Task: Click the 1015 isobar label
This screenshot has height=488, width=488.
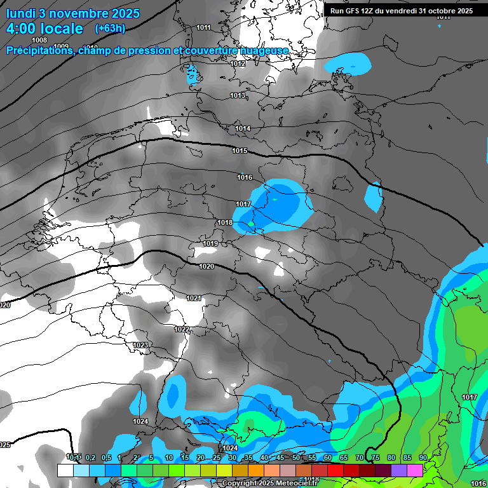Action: pos(240,151)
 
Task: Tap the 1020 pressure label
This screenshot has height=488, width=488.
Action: pos(207,266)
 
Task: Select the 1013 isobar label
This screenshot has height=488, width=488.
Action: pos(238,95)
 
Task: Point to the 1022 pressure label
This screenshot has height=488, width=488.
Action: pos(182,329)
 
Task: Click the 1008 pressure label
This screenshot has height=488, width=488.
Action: pos(39,40)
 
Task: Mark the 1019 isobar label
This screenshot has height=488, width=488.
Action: pos(210,243)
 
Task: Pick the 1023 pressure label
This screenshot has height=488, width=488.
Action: pos(140,345)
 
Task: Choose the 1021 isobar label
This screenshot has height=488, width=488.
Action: pos(194,298)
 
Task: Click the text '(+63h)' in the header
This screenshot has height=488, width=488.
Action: pos(110,28)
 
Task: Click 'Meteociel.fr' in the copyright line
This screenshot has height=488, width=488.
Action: pos(295,484)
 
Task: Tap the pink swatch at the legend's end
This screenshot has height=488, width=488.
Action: pos(415,471)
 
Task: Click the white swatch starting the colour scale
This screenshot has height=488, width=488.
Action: pos(65,471)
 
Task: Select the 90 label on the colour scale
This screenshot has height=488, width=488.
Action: pos(423,457)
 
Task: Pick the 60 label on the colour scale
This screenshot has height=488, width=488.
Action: pos(328,457)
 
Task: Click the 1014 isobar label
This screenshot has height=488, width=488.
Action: pos(243,128)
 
